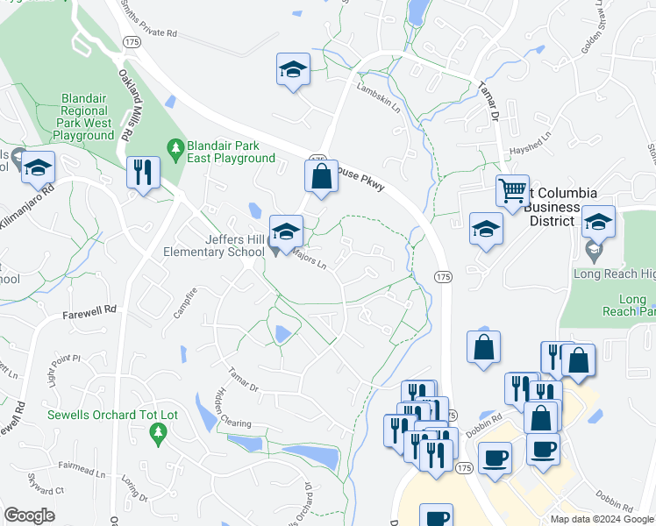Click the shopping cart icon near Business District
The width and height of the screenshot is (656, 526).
(512, 189)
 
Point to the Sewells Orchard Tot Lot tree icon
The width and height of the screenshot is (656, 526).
(158, 431)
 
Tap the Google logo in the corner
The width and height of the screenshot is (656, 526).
(29, 515)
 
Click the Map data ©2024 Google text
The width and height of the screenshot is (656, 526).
(602, 519)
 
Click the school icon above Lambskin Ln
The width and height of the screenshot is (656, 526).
(293, 69)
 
